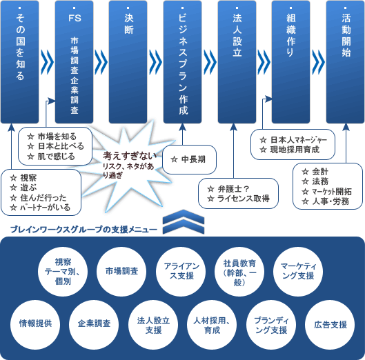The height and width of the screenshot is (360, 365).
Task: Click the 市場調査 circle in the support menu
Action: (121, 272)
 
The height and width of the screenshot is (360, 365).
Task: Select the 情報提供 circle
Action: (35, 325)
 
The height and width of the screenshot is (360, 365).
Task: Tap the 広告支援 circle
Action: (330, 325)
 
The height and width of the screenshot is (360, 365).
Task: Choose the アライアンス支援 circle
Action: (181, 272)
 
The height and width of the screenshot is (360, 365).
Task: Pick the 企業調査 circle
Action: (94, 325)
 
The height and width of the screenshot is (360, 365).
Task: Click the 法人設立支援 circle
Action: (153, 325)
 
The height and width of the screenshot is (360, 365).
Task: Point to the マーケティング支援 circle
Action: (298, 272)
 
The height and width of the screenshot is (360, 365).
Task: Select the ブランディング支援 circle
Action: (271, 325)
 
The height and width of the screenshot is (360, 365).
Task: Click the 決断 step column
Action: (128, 62)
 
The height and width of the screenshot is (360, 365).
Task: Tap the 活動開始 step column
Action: (346, 62)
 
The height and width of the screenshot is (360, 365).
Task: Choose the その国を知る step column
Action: (20, 62)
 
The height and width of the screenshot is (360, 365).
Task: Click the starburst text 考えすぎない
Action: (130, 156)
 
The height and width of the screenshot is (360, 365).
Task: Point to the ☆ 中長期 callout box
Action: (189, 159)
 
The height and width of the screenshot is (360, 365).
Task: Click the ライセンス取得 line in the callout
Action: (244, 199)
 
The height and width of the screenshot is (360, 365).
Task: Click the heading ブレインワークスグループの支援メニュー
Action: (83, 230)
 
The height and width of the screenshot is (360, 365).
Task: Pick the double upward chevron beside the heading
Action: (184, 222)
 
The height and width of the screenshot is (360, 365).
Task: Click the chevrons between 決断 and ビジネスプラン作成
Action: (155, 62)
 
